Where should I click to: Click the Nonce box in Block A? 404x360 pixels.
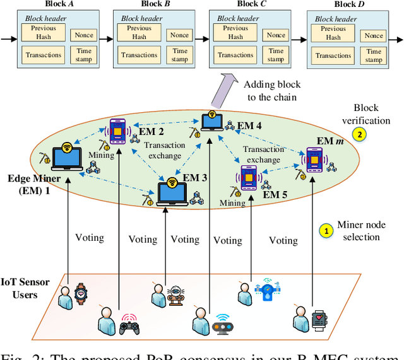83,35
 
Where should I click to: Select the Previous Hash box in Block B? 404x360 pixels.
138,33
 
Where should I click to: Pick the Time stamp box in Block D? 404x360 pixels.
374,55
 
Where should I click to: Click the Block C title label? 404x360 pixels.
247,4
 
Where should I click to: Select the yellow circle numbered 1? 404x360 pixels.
326,231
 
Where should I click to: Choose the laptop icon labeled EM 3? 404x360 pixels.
172,189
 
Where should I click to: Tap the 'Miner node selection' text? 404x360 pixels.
361,231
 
